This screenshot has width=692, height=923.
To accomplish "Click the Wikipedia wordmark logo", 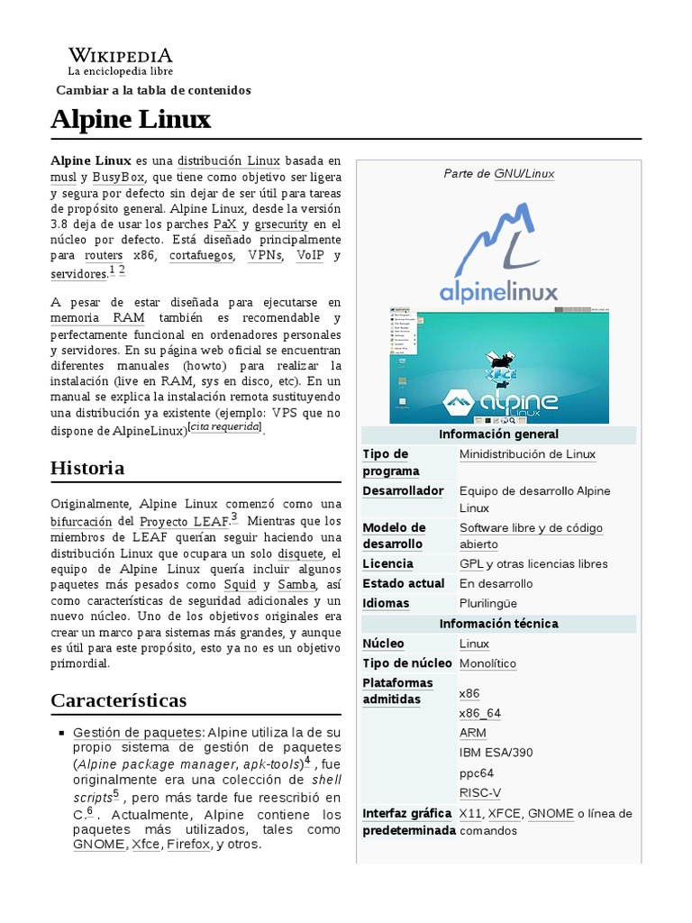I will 120,56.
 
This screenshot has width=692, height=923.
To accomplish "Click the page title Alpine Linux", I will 131,119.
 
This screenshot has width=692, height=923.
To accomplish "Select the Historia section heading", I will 87,468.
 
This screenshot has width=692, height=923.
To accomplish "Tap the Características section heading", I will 118,699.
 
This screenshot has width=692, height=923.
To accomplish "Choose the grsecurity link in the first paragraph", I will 281,224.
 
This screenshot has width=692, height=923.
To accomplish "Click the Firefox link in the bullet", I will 187,845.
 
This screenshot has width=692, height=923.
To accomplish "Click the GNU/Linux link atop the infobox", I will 524,173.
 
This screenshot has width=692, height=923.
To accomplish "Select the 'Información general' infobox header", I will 499,434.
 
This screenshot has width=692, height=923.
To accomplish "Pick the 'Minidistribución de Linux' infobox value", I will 527,454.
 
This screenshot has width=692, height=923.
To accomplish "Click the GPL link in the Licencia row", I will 471,564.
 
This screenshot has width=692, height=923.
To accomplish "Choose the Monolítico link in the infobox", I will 487,663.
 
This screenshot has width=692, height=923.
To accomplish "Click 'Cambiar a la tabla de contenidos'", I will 153,90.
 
